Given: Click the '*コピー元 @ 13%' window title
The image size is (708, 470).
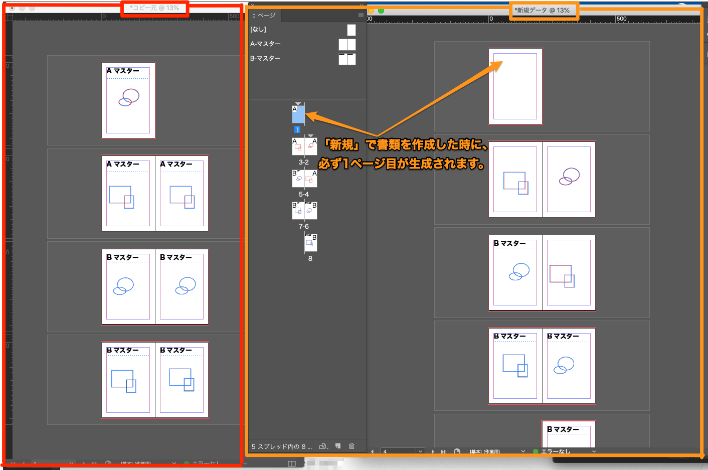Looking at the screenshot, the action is (154, 8).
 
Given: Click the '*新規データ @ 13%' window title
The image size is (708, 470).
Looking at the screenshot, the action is (543, 10).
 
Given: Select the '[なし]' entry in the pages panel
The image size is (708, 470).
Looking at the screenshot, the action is (259, 30).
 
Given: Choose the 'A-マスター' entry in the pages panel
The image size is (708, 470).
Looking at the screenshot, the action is (265, 44).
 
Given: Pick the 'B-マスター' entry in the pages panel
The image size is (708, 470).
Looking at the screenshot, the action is (265, 59).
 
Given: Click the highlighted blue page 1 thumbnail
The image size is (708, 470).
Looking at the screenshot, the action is (298, 115).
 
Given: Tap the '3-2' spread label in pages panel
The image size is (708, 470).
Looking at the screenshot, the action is (303, 162).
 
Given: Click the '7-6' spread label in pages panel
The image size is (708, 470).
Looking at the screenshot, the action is (303, 226).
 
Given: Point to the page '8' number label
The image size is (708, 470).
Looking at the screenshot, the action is (310, 258).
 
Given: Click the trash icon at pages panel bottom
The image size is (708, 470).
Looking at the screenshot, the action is (351, 446).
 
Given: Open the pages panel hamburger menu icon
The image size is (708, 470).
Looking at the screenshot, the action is (361, 15).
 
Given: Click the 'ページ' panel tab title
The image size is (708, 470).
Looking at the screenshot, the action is (265, 16).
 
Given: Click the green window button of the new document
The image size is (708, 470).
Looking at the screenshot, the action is (381, 11).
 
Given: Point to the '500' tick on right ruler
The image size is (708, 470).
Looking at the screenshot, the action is (621, 19).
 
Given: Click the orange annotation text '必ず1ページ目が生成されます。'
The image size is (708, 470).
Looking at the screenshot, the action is (401, 164).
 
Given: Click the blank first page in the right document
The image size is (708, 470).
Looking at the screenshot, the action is (515, 86).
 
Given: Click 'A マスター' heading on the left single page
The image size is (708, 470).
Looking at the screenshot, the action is (123, 71).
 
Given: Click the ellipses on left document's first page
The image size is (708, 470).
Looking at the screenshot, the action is (129, 97).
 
